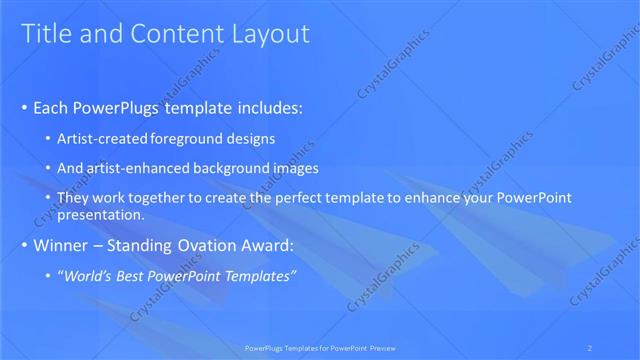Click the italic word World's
point(88,275)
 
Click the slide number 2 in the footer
point(591,347)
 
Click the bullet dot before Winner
point(25,246)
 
